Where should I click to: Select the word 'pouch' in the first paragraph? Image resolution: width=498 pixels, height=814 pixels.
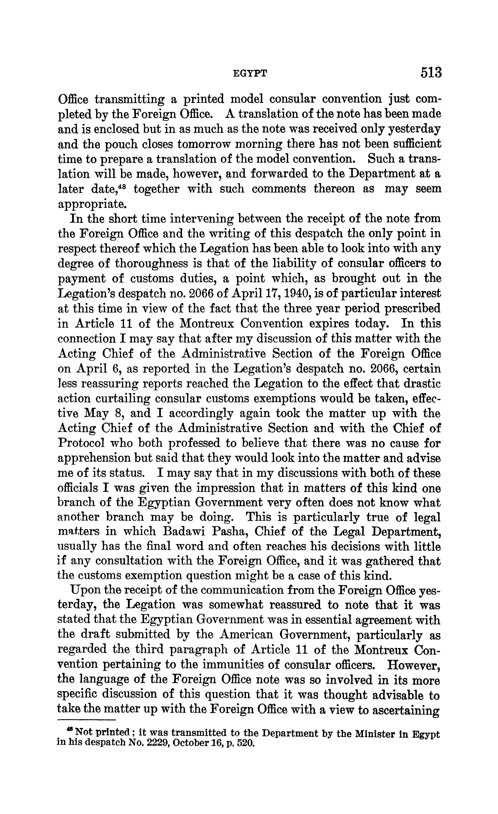tap(118, 144)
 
